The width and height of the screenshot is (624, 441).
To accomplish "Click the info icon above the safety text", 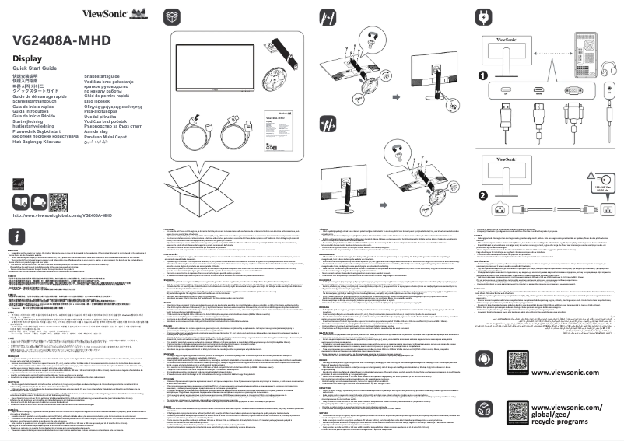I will [17, 236].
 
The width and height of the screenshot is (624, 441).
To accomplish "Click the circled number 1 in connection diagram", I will [482, 76].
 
